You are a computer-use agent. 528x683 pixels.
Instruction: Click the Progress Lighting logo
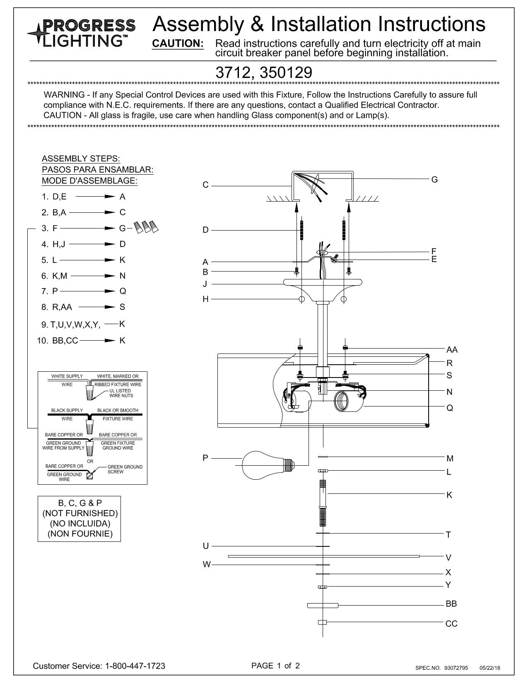tap(82, 32)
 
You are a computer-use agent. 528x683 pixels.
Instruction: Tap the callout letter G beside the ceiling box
tap(434, 180)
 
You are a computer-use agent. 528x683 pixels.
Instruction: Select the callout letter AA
tap(452, 350)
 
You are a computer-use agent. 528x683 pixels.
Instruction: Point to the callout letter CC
tap(451, 623)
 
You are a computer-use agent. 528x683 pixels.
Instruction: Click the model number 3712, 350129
tap(264, 73)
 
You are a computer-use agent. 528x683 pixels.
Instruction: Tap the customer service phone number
tap(135, 666)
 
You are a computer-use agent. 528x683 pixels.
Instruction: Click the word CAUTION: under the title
tap(178, 44)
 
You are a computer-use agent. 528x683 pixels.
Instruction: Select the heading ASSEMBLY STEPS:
tap(81, 159)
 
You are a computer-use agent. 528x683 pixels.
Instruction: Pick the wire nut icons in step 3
tap(146, 227)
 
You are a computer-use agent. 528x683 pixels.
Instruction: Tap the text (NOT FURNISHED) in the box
tap(80, 513)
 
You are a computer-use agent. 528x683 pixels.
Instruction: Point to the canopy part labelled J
tap(323, 284)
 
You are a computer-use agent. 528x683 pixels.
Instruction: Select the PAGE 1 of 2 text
tap(275, 666)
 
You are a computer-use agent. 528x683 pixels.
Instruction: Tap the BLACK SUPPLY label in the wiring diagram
tap(67, 410)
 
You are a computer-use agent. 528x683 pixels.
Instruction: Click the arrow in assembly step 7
tap(87, 291)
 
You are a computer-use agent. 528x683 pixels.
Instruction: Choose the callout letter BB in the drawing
tap(451, 604)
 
